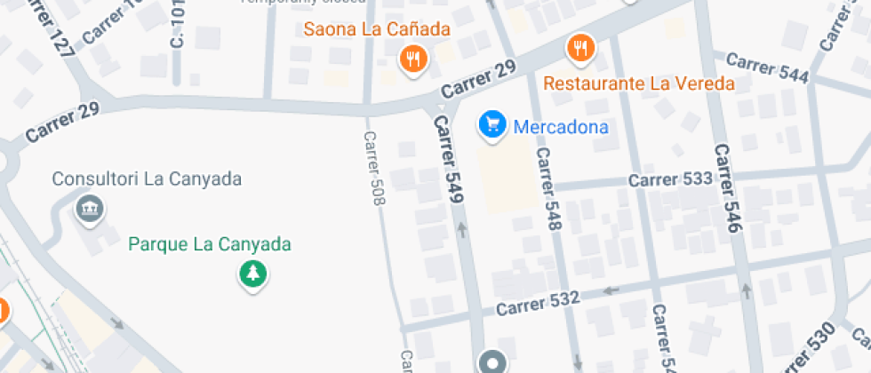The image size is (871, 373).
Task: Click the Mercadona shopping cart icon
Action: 491,125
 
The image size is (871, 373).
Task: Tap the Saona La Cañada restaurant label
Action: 377,29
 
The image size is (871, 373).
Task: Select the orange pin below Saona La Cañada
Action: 413,60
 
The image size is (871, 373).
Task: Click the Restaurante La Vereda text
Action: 639,84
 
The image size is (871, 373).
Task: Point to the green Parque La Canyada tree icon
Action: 253,273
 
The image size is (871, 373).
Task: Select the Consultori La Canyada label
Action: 147,179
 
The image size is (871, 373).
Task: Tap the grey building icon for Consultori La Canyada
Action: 90,210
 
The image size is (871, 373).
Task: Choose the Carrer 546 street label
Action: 727,188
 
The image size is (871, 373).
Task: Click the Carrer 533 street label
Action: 670,179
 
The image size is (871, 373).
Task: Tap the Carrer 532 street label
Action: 538,303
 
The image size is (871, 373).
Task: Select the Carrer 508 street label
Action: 375,169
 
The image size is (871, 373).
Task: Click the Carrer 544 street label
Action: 767,68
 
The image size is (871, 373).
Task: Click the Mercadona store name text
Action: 561,127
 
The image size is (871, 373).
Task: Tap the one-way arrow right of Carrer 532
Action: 611,290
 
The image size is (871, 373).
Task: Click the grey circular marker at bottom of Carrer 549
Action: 491,362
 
